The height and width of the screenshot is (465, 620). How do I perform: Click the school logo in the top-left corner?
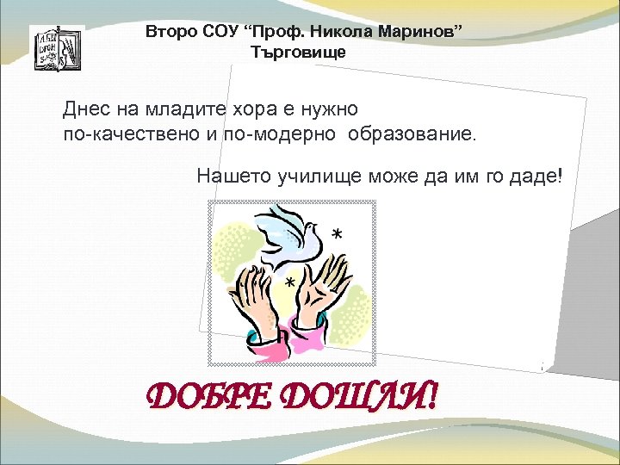tap(56, 48)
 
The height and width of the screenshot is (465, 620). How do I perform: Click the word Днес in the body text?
tap(86, 109)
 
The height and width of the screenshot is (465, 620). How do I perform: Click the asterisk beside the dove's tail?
tap(336, 235)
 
